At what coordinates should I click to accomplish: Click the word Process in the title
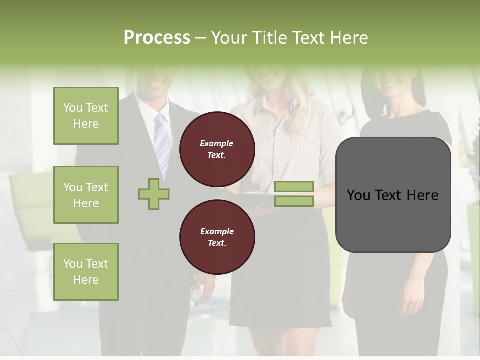[x=157, y=38]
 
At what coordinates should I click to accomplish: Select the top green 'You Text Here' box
[x=86, y=116]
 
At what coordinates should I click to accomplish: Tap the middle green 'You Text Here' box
[x=86, y=195]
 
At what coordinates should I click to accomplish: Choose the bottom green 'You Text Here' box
[x=86, y=272]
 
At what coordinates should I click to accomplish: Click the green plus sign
[x=154, y=194]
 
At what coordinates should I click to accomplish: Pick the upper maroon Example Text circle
[x=217, y=149]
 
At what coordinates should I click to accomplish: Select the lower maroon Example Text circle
[x=217, y=237]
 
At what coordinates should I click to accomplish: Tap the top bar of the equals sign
[x=294, y=187]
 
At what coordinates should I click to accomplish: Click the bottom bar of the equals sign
[x=294, y=201]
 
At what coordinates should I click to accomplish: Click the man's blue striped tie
[x=162, y=142]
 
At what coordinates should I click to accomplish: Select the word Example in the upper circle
[x=216, y=144]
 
